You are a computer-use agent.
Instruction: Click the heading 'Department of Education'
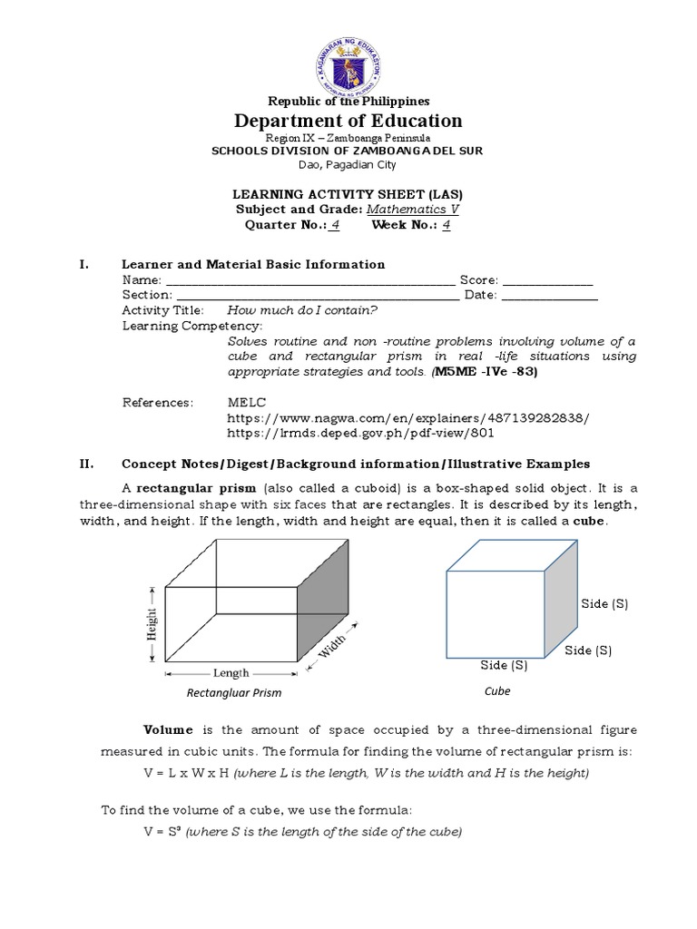348,121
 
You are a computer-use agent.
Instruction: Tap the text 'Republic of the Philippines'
348,101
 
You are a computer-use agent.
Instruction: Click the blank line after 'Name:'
309,280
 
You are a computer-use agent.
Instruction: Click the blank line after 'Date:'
549,295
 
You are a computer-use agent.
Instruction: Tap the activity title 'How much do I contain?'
301,309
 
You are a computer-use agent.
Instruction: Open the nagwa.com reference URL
407,417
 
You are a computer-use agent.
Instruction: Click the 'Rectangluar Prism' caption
233,693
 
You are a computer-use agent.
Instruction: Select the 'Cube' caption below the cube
497,691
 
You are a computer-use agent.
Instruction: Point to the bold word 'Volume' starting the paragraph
168,730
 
